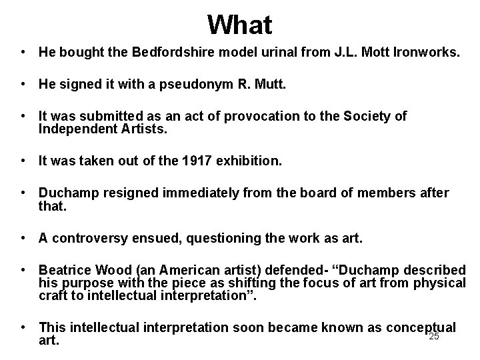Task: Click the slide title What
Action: click(239, 25)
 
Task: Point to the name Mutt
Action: click(269, 85)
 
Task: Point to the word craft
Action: click(53, 295)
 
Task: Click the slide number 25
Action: click(434, 337)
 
